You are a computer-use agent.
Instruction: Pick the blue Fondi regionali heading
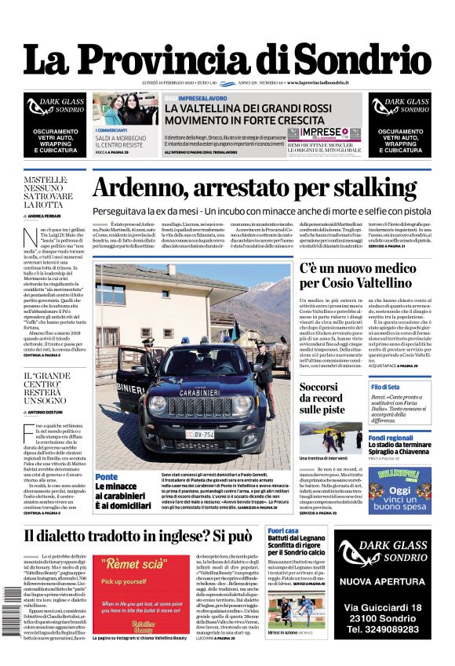(x=391, y=438)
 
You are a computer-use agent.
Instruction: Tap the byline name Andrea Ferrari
(x=45, y=215)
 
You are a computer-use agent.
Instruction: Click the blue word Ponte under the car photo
(x=107, y=476)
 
